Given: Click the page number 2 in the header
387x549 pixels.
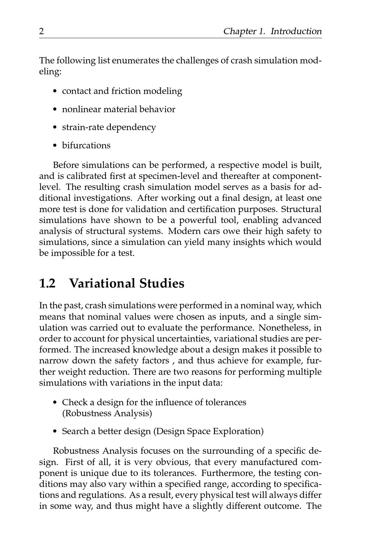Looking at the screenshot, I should pyautogui.click(x=42, y=32).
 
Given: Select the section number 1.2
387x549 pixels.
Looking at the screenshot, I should pyautogui.click(x=48, y=284).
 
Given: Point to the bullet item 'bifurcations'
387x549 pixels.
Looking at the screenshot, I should pyautogui.click(x=86, y=145).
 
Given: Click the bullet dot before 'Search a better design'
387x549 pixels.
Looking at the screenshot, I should pyautogui.click(x=55, y=431).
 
